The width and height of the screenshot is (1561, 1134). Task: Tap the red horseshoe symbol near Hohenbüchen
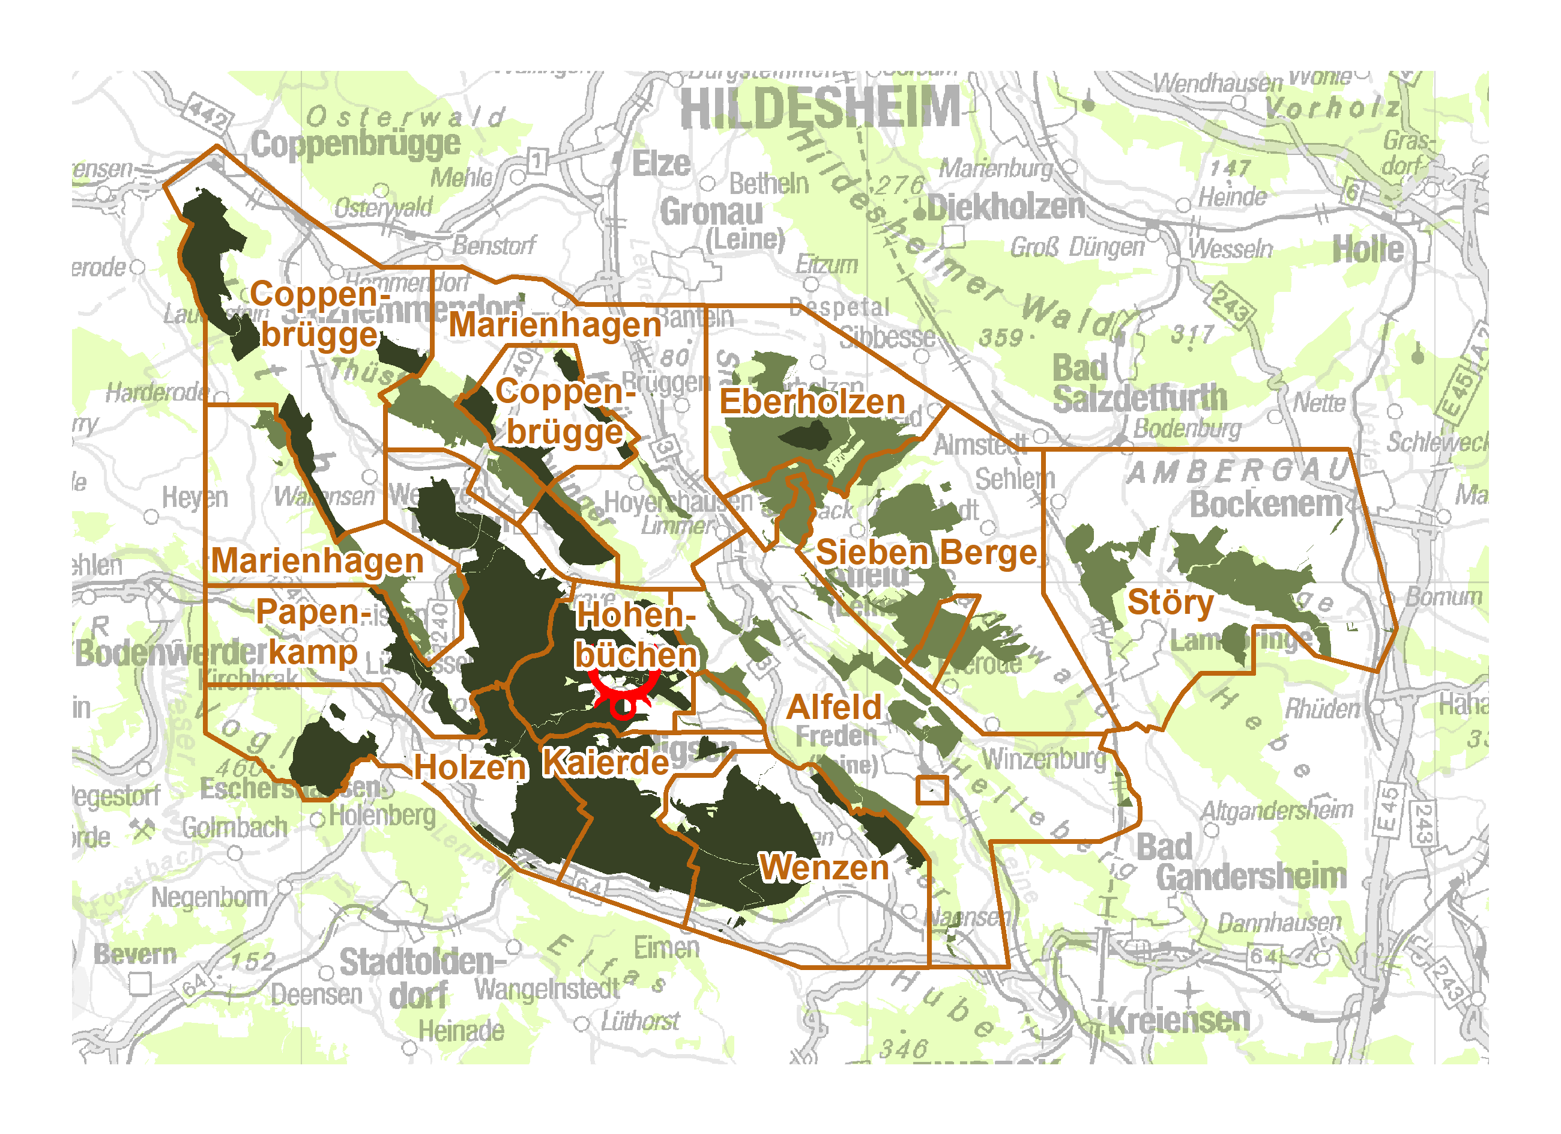pos(624,696)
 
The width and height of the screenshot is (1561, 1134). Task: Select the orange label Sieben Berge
pos(926,553)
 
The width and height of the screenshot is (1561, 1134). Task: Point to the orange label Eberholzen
pos(812,402)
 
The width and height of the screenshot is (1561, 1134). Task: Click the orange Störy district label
pos(1170,603)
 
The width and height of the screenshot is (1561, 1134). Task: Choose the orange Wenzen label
pos(823,867)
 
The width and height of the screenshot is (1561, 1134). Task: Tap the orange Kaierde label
pos(605,763)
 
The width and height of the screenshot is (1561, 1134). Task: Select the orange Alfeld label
pos(833,708)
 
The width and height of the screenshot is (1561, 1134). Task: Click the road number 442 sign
pos(208,114)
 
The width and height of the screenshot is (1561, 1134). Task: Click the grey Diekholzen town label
pos(1006,208)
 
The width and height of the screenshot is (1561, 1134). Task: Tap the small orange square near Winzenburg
pos(932,790)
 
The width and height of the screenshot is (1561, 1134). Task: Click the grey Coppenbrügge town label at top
pos(355,145)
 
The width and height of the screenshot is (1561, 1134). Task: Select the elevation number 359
pos(1001,338)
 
